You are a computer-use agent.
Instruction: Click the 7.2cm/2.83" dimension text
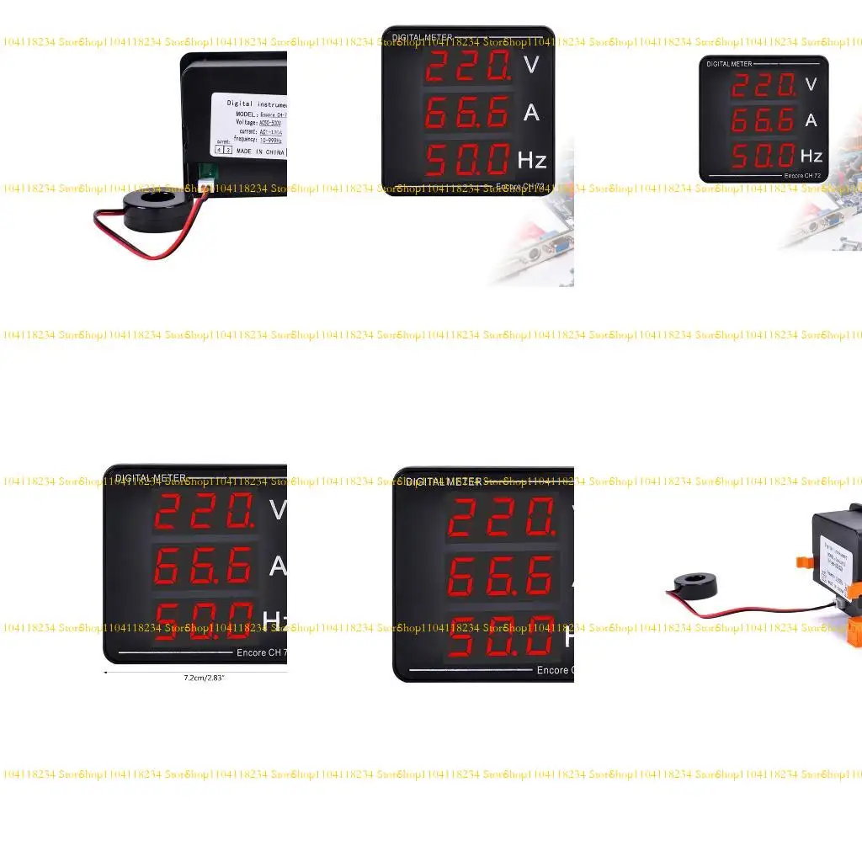(205, 677)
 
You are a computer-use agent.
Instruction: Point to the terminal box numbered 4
(219, 150)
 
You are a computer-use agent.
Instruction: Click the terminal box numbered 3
(228, 150)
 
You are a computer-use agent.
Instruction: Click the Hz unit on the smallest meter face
(811, 156)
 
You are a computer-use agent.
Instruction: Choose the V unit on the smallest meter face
(811, 83)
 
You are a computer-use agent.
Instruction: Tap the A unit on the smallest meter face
(811, 120)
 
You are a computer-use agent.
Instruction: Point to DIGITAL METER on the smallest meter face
(729, 64)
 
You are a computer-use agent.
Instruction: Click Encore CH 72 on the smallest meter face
(802, 176)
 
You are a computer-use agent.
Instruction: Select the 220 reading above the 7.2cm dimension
(203, 510)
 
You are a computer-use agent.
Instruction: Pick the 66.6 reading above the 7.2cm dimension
(203, 566)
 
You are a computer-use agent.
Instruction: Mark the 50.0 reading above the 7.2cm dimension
(203, 620)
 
